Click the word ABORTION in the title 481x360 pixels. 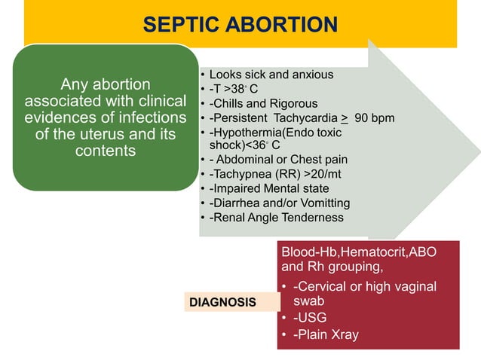(x=281, y=25)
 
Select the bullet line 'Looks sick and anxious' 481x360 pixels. (x=271, y=75)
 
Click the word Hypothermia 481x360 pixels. (x=247, y=133)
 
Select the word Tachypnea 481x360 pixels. (x=242, y=174)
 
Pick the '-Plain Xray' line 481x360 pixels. (x=326, y=334)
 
